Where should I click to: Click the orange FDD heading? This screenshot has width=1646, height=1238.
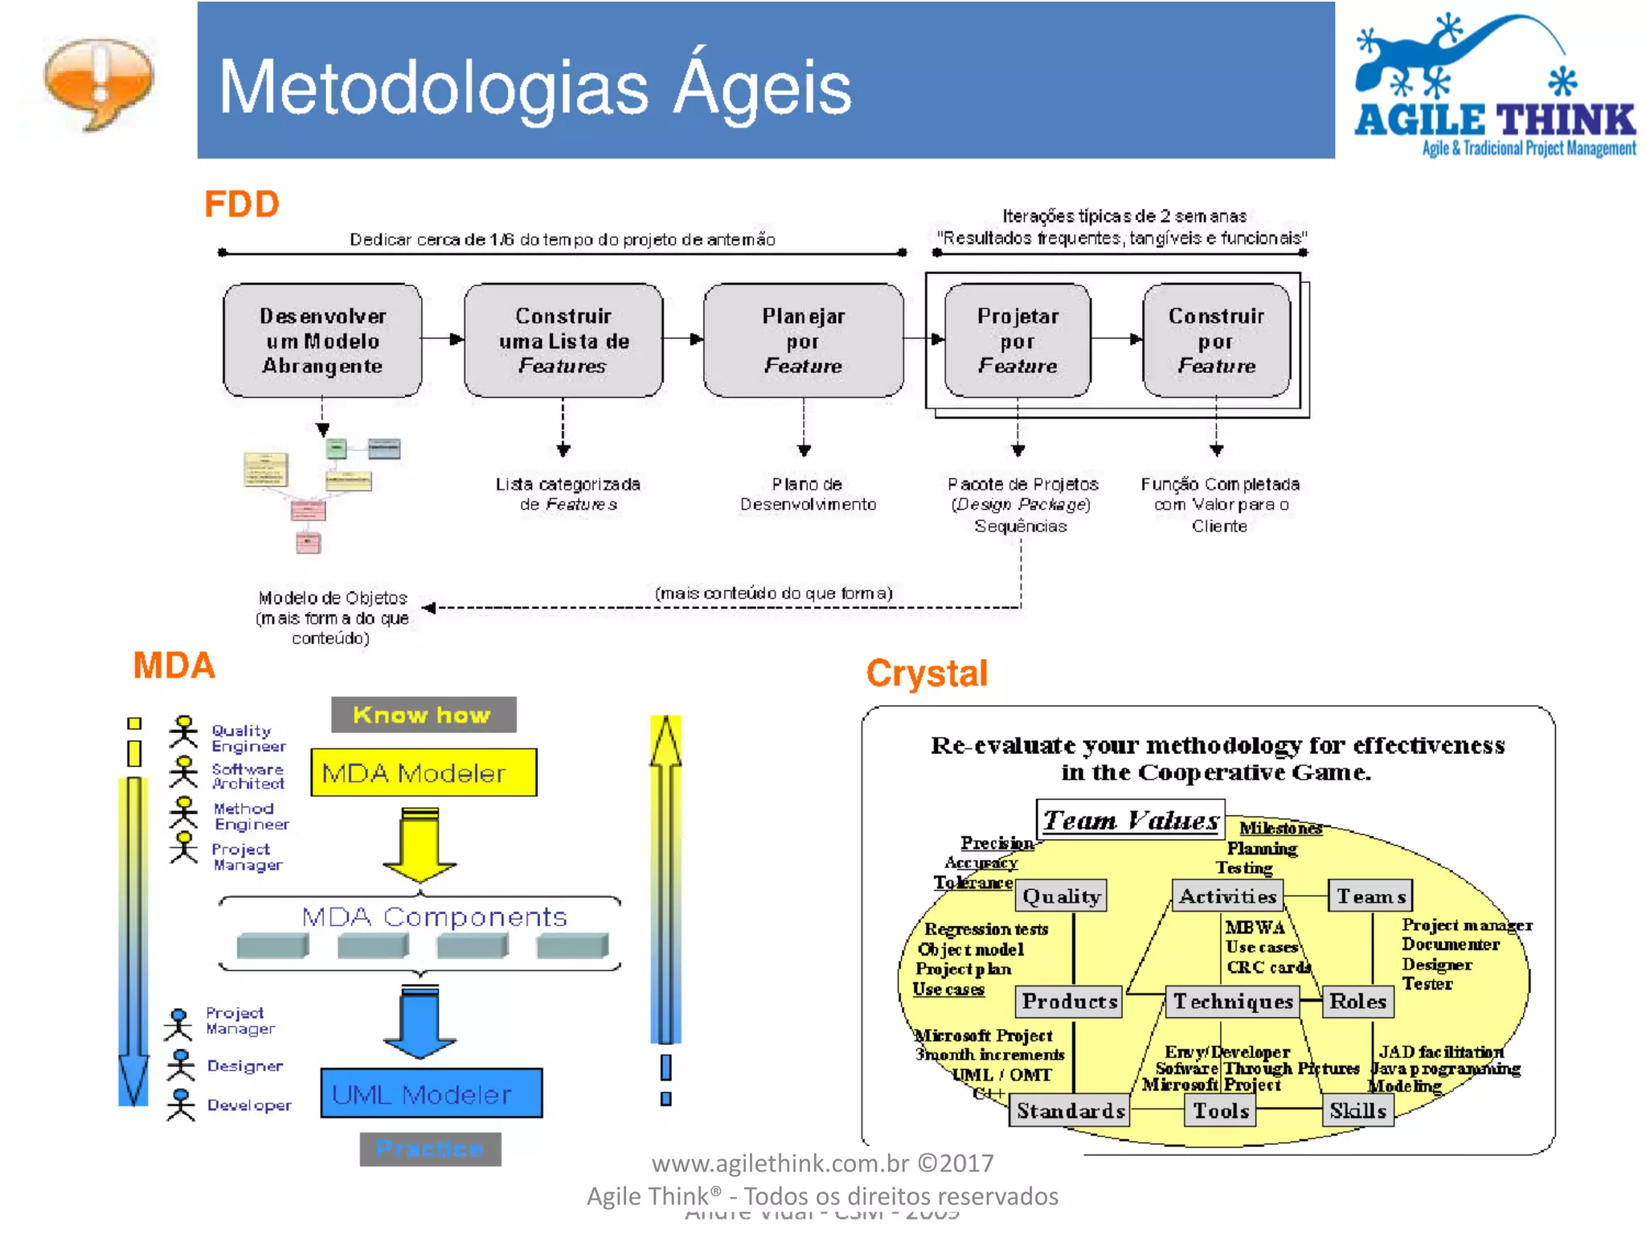pyautogui.click(x=241, y=204)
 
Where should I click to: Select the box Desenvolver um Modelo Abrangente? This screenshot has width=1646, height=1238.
pyautogui.click(x=322, y=341)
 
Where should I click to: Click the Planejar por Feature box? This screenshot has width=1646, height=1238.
pyautogui.click(x=803, y=341)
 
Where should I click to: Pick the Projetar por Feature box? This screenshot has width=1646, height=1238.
pyautogui.click(x=1017, y=341)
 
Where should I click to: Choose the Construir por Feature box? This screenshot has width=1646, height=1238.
pyautogui.click(x=1216, y=341)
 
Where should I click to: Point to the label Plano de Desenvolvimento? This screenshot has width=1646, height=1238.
pyautogui.click(x=808, y=494)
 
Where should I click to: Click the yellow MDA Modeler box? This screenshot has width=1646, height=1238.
pyautogui.click(x=424, y=773)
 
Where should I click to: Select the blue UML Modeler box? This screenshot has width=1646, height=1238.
pyautogui.click(x=431, y=1093)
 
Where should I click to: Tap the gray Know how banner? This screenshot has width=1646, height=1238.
pyautogui.click(x=424, y=715)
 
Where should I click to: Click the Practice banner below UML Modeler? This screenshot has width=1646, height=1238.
pyautogui.click(x=430, y=1149)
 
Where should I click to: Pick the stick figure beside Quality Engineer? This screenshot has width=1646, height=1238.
pyautogui.click(x=183, y=732)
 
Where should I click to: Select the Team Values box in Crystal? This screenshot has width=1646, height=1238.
pyautogui.click(x=1130, y=820)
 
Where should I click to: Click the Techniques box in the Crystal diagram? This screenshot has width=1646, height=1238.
pyautogui.click(x=1233, y=1002)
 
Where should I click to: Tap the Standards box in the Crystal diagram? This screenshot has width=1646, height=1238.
pyautogui.click(x=1070, y=1111)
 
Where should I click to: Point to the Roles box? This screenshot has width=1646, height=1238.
pyautogui.click(x=1357, y=1002)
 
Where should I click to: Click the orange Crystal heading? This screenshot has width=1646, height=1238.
pyautogui.click(x=927, y=674)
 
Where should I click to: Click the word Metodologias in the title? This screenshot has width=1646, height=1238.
pyautogui.click(x=433, y=88)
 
